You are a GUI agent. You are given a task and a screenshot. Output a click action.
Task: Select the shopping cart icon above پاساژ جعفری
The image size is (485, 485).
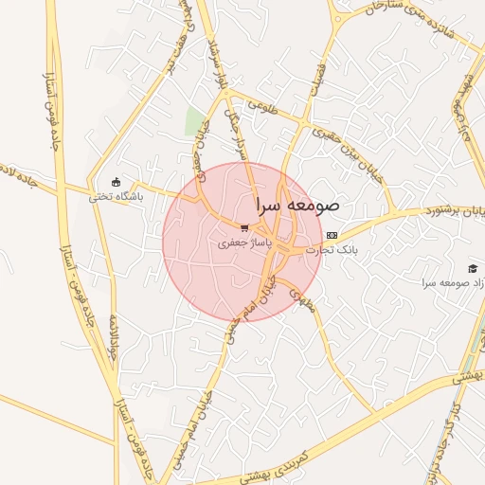[x=244, y=228]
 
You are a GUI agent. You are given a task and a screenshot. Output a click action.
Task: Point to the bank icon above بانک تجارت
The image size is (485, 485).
[x=331, y=235]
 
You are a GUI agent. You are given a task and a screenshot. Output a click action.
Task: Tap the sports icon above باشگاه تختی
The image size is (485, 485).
[x=116, y=182]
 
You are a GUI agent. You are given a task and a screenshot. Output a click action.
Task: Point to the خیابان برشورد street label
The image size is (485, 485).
[x=446, y=209]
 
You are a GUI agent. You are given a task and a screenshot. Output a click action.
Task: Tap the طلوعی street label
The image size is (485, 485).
[x=263, y=110]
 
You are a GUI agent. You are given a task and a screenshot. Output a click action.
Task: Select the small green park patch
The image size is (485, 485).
[x=195, y=121]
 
